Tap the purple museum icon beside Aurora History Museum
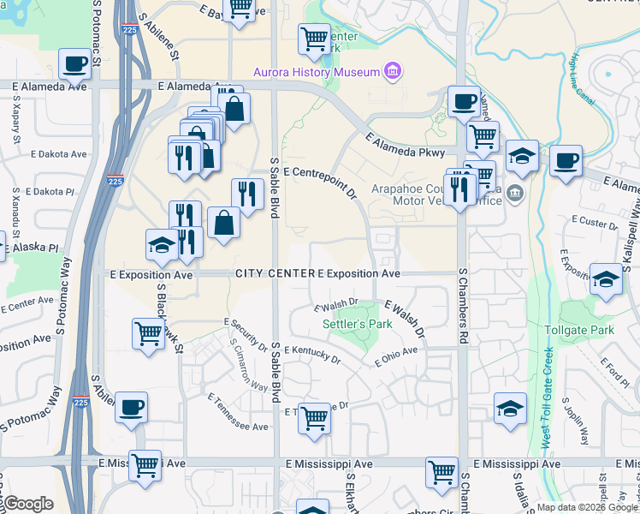[393, 70]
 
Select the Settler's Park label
[357, 325]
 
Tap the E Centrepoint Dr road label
[319, 183]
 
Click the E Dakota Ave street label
[58, 155]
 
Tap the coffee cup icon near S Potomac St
[75, 63]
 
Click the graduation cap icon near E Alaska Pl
[162, 245]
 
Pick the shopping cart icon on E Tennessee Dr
[315, 419]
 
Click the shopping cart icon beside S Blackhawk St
[149, 334]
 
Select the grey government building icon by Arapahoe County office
[514, 191]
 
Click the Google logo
[29, 503]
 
